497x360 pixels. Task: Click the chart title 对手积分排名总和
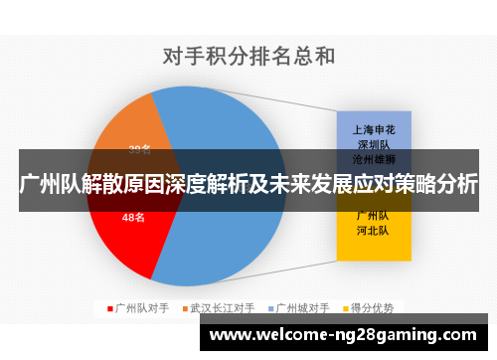[x=248, y=56]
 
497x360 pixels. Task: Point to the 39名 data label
[x=139, y=151]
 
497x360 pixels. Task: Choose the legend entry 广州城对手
[x=305, y=308]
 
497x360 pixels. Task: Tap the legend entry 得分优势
[x=375, y=308]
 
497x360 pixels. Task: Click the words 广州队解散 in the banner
[x=70, y=185]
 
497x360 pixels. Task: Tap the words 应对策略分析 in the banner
[x=417, y=185]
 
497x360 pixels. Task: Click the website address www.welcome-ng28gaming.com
[x=343, y=337]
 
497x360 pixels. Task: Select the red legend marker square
[x=110, y=308]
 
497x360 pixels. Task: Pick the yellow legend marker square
[x=346, y=308]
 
